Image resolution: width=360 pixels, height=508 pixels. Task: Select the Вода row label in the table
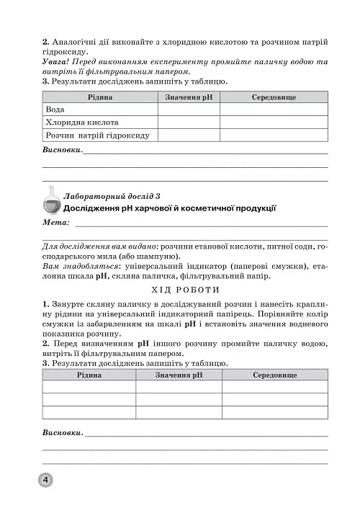tap(55, 110)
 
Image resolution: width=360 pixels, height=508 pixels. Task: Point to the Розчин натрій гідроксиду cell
tap(97, 135)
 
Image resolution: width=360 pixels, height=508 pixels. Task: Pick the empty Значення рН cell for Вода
tap(189, 110)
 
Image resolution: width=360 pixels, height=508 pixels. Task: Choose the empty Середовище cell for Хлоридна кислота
tap(274, 122)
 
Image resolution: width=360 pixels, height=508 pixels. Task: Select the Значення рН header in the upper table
tap(189, 97)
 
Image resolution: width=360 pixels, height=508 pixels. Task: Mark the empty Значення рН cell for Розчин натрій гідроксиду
tap(189, 135)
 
